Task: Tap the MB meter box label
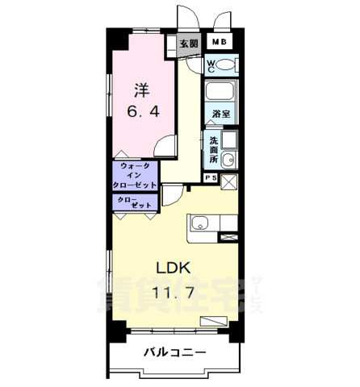point(220,43)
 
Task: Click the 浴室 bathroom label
point(220,114)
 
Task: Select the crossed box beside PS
point(228,181)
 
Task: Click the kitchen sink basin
point(199,223)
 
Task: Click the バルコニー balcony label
point(175,352)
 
